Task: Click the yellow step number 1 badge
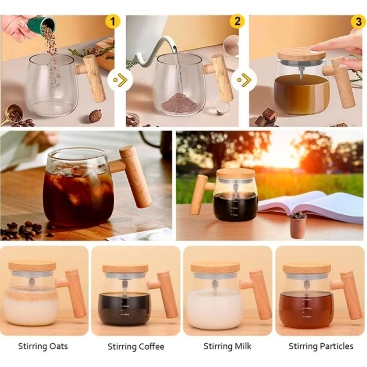(113, 22)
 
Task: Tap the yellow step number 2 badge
(237, 21)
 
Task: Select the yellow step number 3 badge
(359, 22)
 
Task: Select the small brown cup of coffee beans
(298, 225)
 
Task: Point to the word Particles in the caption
(336, 346)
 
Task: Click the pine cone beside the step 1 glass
(95, 116)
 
